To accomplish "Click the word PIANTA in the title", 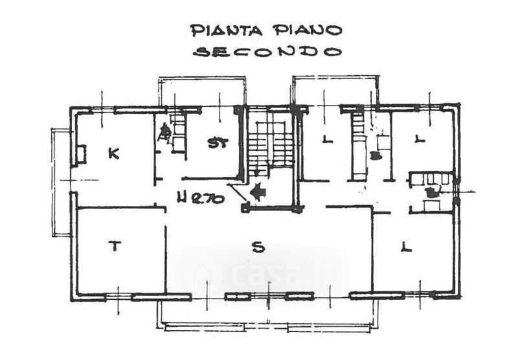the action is click(x=226, y=30).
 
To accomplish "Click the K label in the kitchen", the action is click(x=113, y=153).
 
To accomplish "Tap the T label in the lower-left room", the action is click(x=115, y=245).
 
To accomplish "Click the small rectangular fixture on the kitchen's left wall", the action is click(x=81, y=155).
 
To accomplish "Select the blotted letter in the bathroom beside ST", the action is click(x=164, y=133).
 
